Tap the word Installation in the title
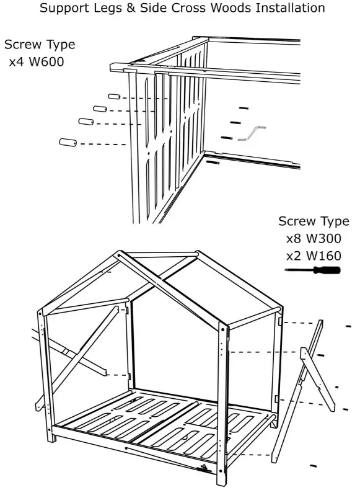coord(286,9)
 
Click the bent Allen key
coord(251,133)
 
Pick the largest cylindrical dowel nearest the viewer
coord(67,143)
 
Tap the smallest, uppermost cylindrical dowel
coord(113,97)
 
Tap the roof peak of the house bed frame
coord(119,254)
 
